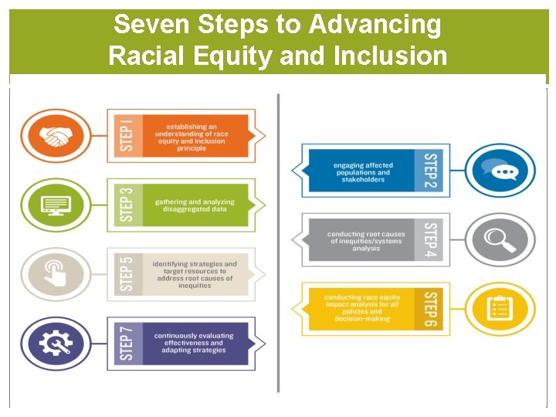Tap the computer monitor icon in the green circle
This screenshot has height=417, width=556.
pos(55,206)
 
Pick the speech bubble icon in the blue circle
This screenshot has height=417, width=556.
pos(500,171)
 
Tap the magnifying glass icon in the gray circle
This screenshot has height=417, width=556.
pos(500,239)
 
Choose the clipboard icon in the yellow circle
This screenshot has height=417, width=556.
pos(500,309)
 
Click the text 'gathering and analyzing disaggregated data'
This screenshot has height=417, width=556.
pos(195,205)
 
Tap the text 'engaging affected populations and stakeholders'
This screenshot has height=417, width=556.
pos(362,172)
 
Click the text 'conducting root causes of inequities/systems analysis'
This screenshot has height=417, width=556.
pos(365,241)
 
